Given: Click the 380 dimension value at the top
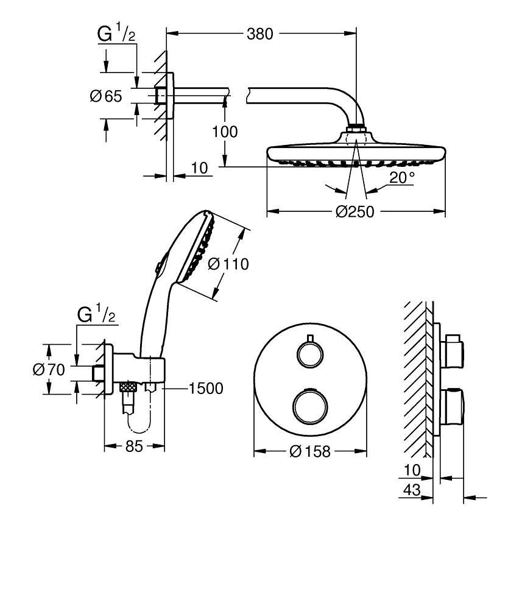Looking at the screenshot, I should click(x=260, y=33).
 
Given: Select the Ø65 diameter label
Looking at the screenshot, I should click(x=106, y=96).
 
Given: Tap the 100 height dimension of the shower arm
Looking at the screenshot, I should click(x=226, y=132).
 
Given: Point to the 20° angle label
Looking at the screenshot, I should click(x=402, y=178).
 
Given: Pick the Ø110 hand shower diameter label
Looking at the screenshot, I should click(x=228, y=264).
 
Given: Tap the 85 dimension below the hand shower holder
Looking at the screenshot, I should click(x=134, y=446).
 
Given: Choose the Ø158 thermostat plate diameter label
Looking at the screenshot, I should click(x=310, y=451).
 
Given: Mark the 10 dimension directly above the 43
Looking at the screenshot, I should click(x=412, y=470).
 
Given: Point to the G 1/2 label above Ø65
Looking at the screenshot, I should click(x=116, y=34).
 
